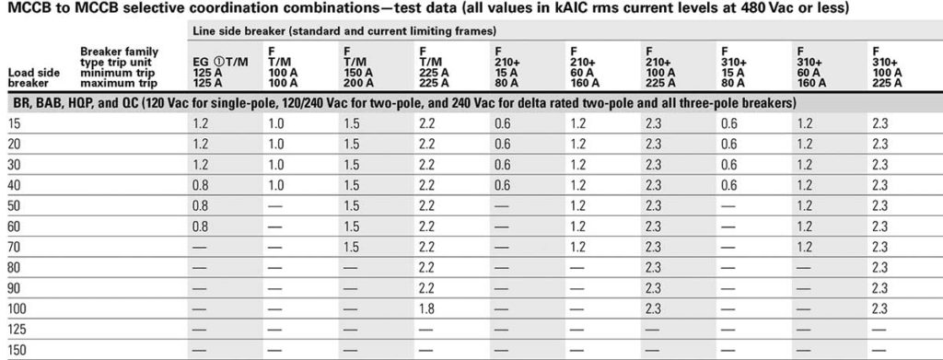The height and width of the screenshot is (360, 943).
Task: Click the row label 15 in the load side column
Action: click(x=14, y=122)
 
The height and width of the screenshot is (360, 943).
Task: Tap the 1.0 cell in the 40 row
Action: click(x=276, y=183)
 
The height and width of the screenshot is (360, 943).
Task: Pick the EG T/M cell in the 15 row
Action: click(x=201, y=122)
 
